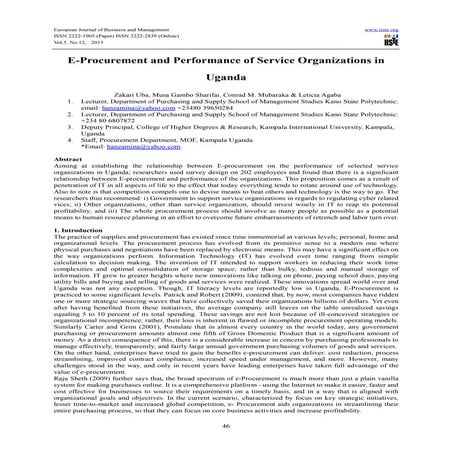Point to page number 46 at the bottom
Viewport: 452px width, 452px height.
pos(226,427)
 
